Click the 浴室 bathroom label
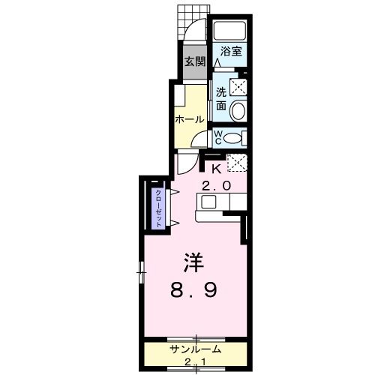coord(231,52)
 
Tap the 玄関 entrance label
coord(196,61)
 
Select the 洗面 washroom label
coord(221,99)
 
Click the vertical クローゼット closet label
coord(159,204)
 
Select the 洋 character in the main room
coord(195,263)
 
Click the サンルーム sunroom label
coord(194,349)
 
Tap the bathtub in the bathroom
coord(230,31)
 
